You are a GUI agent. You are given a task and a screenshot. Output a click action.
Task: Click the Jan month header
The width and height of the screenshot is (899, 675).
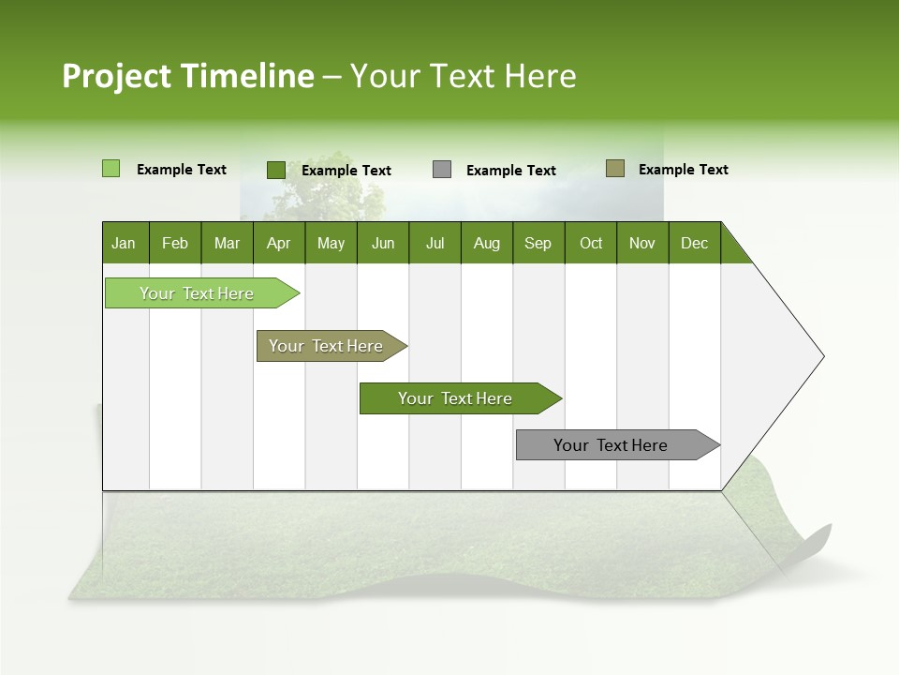124,244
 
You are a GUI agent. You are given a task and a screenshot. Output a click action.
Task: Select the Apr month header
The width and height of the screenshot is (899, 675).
278,244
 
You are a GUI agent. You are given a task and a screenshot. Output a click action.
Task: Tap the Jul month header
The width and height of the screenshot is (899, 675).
435,244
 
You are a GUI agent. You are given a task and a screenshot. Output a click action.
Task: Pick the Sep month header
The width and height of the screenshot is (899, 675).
538,244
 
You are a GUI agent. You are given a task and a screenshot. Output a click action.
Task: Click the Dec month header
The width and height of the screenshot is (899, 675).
694,244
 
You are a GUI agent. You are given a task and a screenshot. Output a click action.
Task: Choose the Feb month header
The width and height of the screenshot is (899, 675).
175,244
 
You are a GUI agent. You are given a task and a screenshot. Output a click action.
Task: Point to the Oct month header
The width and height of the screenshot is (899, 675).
591,244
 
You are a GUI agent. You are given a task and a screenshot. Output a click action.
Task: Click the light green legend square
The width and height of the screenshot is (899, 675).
111,169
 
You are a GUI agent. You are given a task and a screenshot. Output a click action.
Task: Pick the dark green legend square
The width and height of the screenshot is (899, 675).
275,170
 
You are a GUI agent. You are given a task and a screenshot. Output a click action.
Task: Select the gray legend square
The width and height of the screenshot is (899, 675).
442,170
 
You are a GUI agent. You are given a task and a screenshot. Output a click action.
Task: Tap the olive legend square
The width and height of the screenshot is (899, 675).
615,169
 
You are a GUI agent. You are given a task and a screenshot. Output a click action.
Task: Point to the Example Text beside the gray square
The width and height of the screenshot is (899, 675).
511,171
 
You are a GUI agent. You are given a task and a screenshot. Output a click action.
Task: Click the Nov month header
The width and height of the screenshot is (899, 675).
642,244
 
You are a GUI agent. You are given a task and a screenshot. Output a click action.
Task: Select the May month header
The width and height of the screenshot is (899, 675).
331,244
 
